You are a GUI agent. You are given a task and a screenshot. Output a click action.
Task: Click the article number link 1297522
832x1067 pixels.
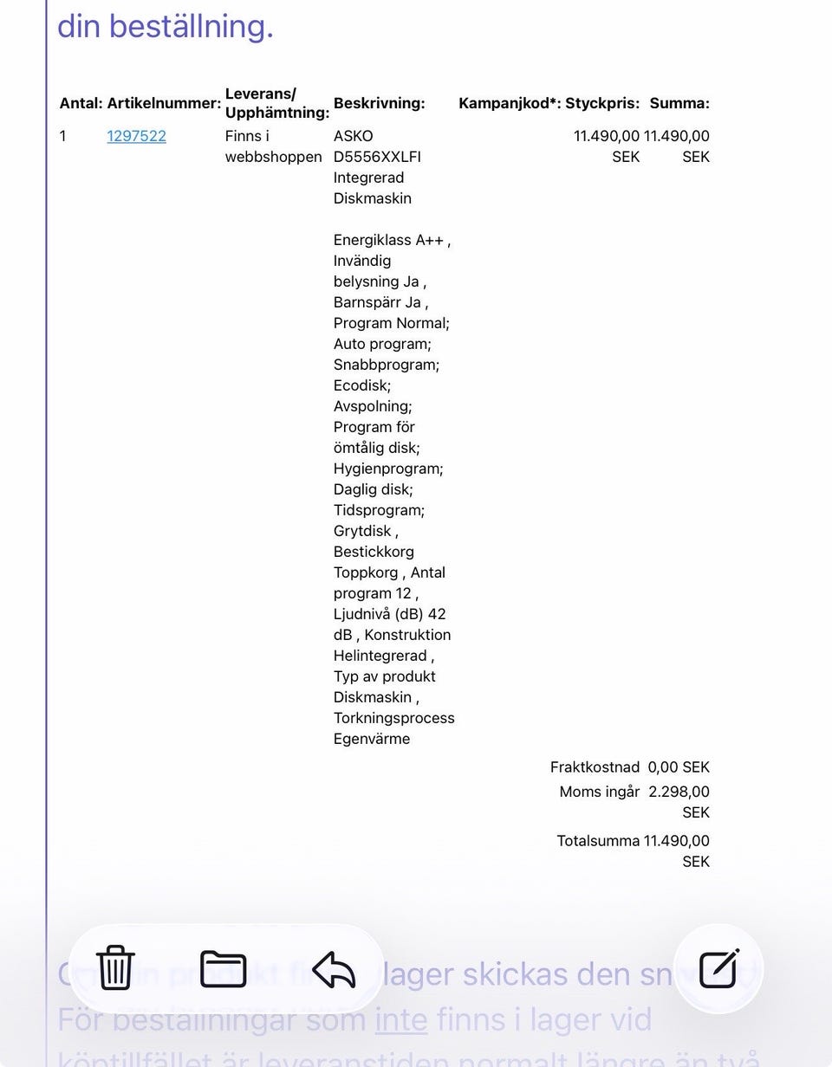click(136, 136)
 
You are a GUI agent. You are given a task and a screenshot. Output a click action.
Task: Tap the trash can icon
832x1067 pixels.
click(115, 967)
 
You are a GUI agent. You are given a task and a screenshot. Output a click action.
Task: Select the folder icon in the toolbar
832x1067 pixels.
click(224, 968)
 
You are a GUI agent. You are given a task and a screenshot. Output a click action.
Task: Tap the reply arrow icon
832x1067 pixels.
click(334, 969)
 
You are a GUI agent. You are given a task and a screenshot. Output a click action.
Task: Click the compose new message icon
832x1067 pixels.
click(718, 968)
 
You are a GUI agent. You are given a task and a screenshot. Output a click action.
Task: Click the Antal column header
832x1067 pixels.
click(81, 103)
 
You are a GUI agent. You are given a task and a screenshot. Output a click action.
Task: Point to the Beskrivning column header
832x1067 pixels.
click(379, 103)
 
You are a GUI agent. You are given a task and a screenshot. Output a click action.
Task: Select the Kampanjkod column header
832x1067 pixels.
click(510, 103)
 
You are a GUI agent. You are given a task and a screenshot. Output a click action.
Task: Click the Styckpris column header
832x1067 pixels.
click(602, 103)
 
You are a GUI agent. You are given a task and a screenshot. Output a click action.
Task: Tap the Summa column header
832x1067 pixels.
click(679, 103)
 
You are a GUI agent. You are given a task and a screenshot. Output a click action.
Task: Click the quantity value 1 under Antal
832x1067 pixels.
click(62, 136)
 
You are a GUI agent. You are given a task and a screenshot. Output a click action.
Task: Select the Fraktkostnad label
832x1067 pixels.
click(595, 767)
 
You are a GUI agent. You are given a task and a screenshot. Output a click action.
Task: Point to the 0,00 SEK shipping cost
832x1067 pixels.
click(679, 767)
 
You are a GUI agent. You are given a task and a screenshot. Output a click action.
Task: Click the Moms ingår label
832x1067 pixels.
click(600, 792)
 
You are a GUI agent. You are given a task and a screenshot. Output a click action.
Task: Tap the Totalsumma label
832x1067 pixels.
click(598, 841)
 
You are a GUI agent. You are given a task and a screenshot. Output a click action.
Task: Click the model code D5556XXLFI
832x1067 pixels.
click(377, 157)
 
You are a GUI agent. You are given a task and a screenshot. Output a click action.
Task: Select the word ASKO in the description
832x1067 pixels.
click(353, 136)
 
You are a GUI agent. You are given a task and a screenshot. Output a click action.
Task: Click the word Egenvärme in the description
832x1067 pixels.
click(372, 739)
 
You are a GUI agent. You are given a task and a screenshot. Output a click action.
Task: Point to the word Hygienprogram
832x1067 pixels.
click(387, 469)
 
